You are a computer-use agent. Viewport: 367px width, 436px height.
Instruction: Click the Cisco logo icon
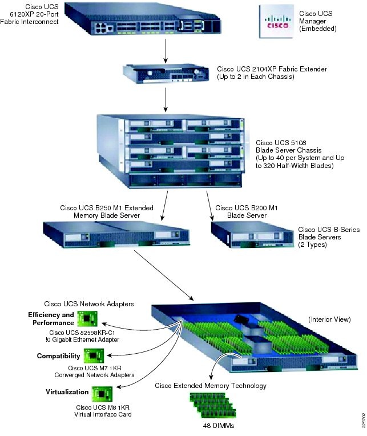click(277, 21)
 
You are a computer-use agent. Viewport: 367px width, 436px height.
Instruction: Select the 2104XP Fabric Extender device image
click(166, 75)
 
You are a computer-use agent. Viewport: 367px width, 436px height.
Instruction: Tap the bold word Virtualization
click(67, 392)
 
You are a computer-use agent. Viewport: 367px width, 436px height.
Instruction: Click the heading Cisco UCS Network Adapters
click(89, 304)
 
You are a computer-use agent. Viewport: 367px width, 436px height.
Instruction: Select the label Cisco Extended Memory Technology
click(211, 386)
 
